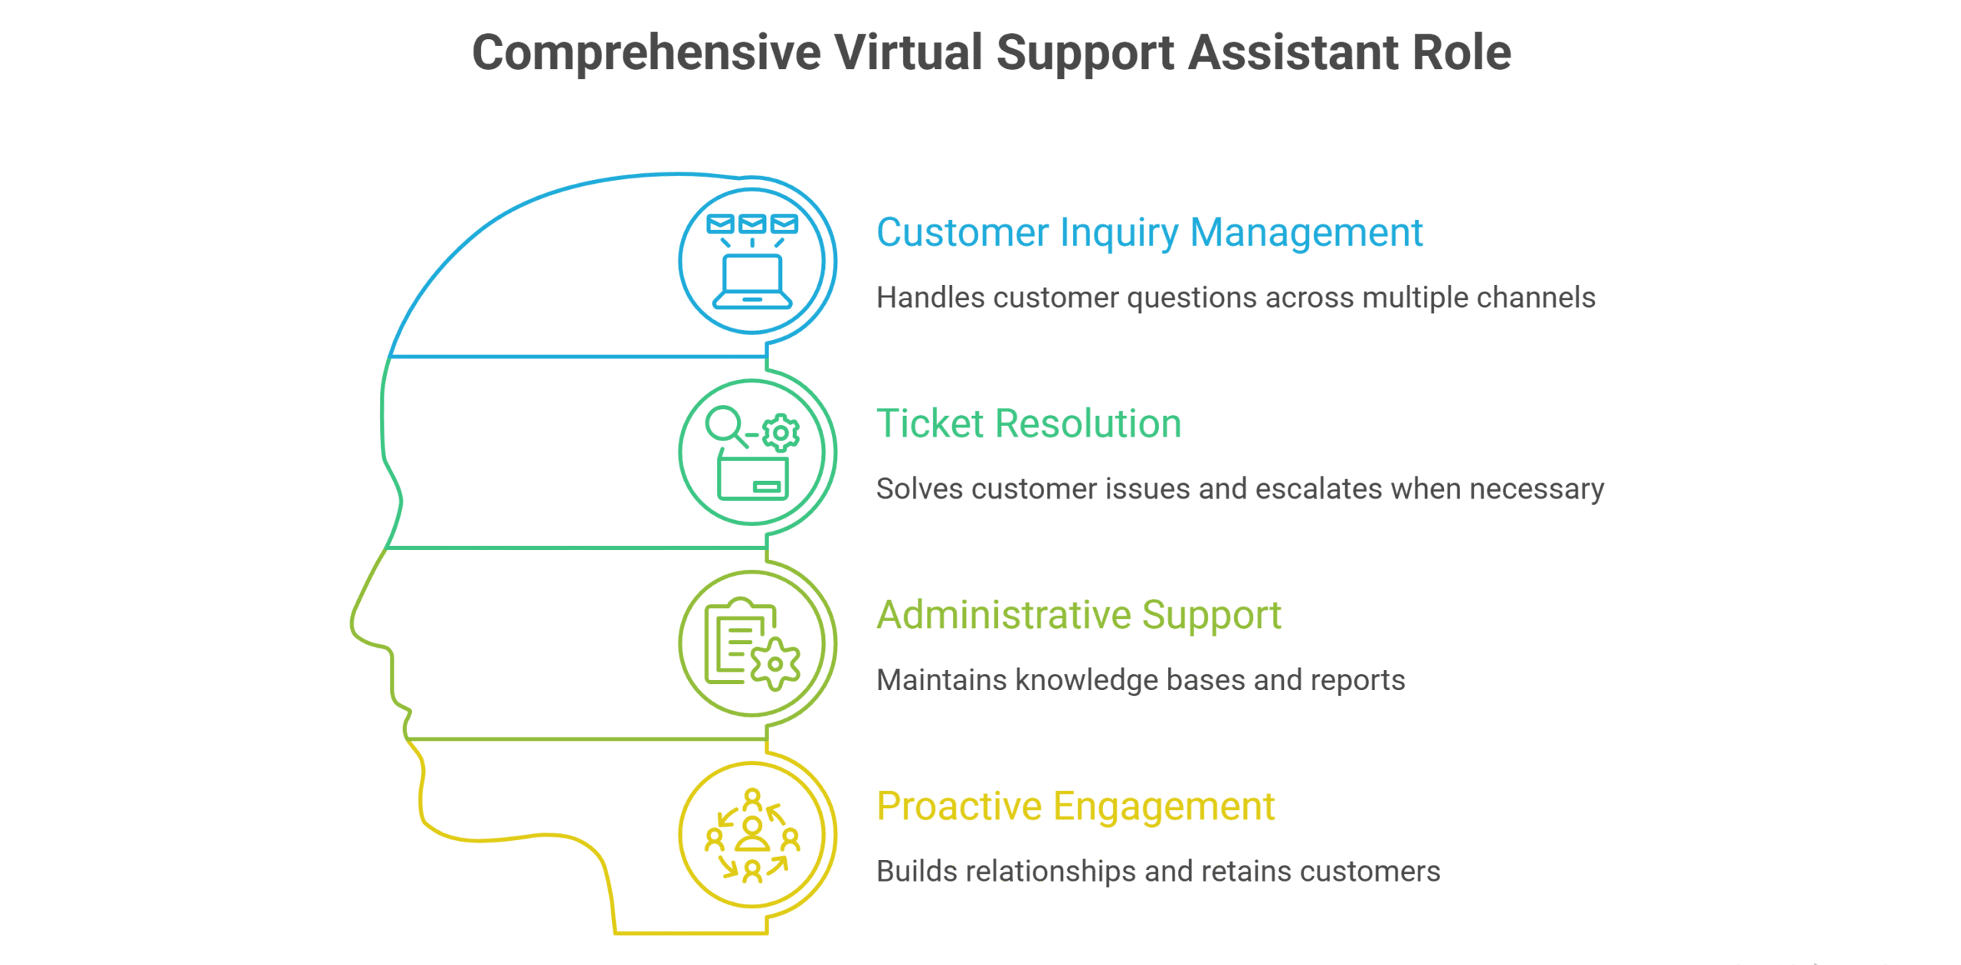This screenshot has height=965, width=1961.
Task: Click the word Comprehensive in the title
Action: click(x=647, y=54)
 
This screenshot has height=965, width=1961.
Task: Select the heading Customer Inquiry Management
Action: click(x=1149, y=234)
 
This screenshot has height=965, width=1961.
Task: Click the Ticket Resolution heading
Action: click(x=1029, y=424)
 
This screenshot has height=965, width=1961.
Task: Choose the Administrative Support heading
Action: click(x=1079, y=616)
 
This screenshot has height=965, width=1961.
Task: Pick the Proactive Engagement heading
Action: click(x=1075, y=807)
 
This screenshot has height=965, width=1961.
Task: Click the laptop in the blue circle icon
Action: click(x=752, y=281)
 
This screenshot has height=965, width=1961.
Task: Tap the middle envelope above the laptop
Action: click(x=752, y=224)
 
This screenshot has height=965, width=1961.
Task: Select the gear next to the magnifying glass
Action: click(x=781, y=433)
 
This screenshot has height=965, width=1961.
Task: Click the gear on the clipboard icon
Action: click(x=775, y=664)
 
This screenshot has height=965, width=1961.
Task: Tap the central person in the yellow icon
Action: click(x=752, y=834)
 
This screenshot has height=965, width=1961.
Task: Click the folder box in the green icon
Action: click(x=752, y=477)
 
